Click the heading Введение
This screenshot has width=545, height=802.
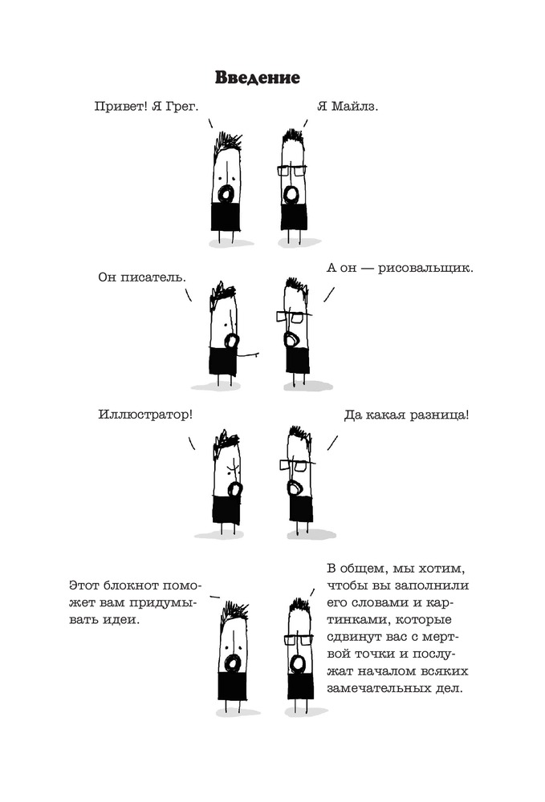pyautogui.click(x=257, y=79)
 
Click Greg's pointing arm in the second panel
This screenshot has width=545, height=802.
pyautogui.click(x=250, y=351)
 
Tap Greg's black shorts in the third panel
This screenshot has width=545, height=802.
pyautogui.click(x=226, y=510)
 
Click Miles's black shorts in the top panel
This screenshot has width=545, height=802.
pyautogui.click(x=294, y=217)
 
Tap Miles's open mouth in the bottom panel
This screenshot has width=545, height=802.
pyautogui.click(x=297, y=663)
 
